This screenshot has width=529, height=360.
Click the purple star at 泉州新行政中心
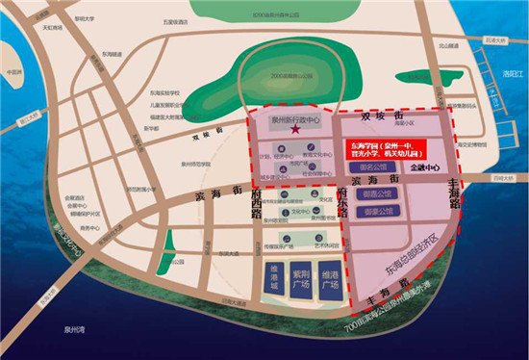pos(296,129)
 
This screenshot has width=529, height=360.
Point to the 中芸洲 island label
pos(13,72)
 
